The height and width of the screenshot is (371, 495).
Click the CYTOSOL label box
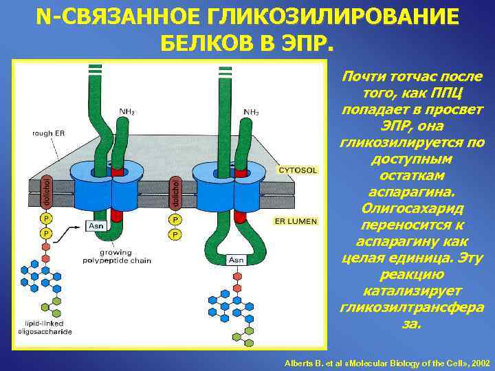pyautogui.click(x=297, y=169)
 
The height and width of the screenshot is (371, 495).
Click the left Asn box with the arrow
pyautogui.click(x=96, y=225)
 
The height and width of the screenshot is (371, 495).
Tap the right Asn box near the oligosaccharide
pyautogui.click(x=236, y=260)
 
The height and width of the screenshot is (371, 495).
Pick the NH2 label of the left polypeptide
pyautogui.click(x=126, y=111)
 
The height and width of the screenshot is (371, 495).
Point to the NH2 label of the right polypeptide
pyautogui.click(x=251, y=111)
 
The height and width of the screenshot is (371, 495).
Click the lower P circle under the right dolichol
pyautogui.click(x=175, y=235)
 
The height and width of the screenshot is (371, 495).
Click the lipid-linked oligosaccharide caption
pyautogui.click(x=45, y=327)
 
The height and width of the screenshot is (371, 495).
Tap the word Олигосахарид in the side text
pyautogui.click(x=412, y=207)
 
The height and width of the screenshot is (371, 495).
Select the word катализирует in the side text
pyautogui.click(x=412, y=290)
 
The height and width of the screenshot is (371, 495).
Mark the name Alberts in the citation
pyautogui.click(x=300, y=362)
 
